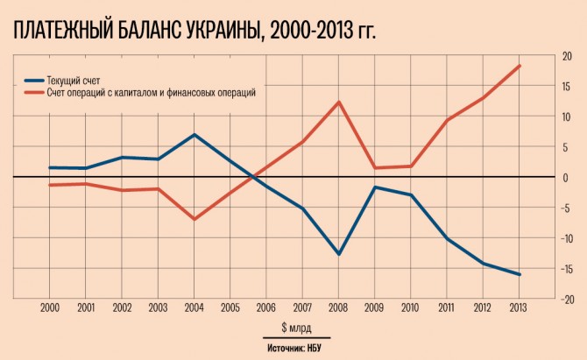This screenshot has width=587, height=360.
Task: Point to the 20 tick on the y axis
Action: pyautogui.click(x=567, y=57)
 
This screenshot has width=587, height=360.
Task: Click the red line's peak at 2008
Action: pyautogui.click(x=338, y=102)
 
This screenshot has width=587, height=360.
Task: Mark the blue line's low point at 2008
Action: pyautogui.click(x=338, y=254)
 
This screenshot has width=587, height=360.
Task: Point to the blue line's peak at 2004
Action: pyautogui.click(x=194, y=135)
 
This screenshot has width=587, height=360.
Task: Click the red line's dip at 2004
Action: pyautogui.click(x=194, y=219)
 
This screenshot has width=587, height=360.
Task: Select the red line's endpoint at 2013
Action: pyautogui.click(x=519, y=66)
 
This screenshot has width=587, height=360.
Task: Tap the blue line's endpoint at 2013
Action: pyautogui.click(x=519, y=274)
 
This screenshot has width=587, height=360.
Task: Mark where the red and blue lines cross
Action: pyautogui.click(x=253, y=178)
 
